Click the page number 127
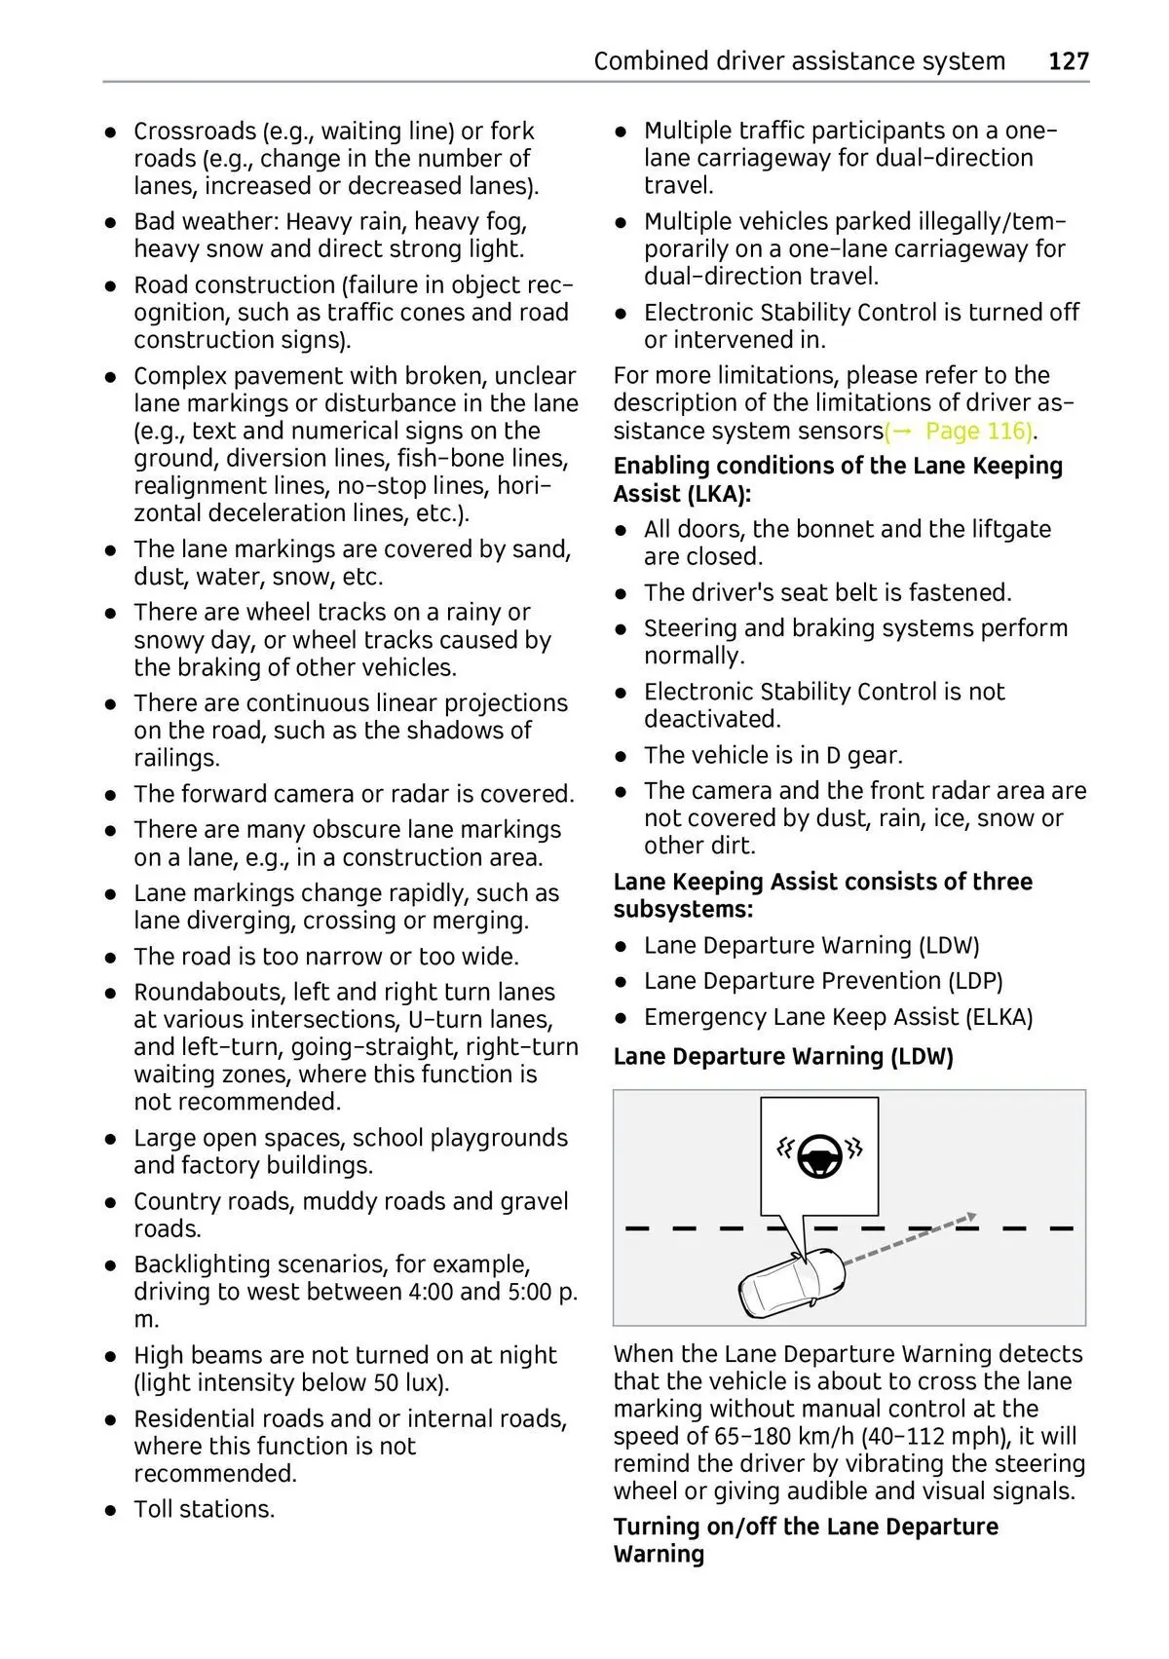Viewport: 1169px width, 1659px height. (1068, 61)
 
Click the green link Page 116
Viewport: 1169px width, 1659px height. (977, 431)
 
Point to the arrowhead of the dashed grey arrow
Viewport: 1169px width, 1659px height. (969, 1216)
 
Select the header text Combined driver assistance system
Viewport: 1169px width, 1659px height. (799, 61)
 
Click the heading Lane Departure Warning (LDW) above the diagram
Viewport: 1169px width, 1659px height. (783, 1056)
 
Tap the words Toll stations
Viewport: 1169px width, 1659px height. (205, 1509)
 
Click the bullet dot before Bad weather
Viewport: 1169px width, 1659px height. (113, 223)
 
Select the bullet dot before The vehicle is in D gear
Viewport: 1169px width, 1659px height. (622, 756)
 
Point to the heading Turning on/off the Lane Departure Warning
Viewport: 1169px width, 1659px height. (806, 1539)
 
